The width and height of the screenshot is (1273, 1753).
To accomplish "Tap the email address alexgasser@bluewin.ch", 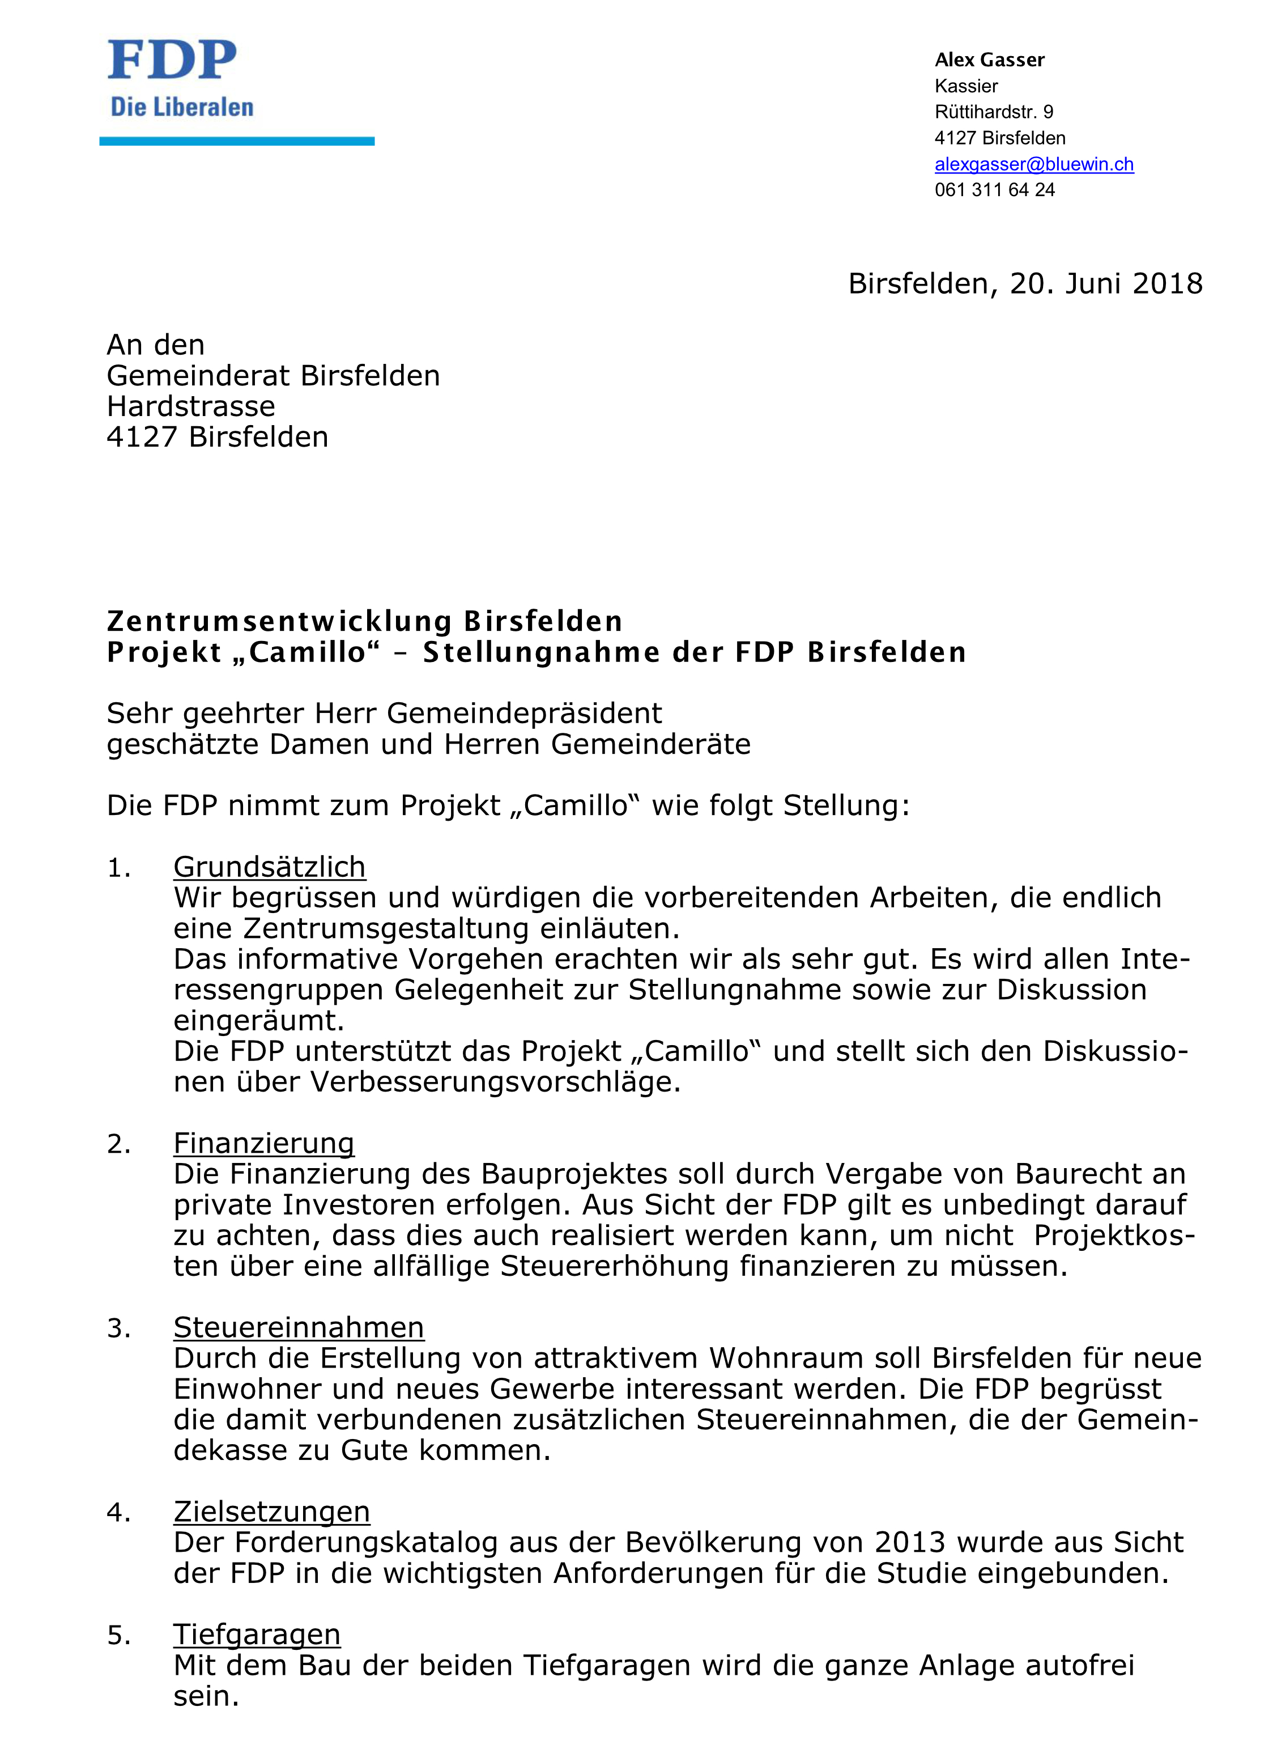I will [x=1033, y=164].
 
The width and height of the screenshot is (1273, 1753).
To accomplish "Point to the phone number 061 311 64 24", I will [x=994, y=190].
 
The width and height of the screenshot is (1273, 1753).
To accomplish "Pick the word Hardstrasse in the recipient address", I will [x=191, y=406].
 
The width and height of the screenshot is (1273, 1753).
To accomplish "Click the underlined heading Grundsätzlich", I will [x=269, y=867].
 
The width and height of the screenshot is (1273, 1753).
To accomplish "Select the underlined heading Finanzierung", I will [x=263, y=1143].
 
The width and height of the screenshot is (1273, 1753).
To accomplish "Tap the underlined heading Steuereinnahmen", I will [x=298, y=1327].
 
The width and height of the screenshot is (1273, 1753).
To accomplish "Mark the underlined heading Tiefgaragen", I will [x=257, y=1634].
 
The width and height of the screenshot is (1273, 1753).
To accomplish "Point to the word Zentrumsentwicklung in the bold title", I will [x=280, y=621].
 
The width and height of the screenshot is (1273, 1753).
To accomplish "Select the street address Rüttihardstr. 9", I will [x=993, y=112].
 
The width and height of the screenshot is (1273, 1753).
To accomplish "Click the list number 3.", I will [x=118, y=1328].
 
